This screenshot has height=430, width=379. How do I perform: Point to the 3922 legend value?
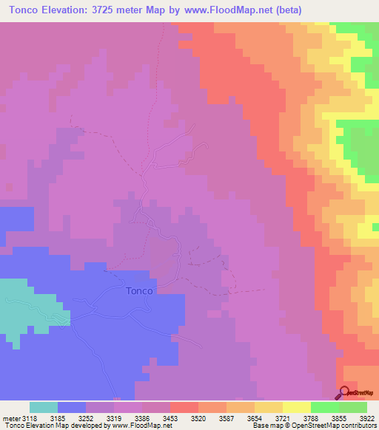pyautogui.click(x=368, y=417)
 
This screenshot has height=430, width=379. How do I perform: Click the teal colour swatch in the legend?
pyautogui.click(x=44, y=407)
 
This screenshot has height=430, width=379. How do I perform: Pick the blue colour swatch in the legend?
pyautogui.click(x=72, y=407)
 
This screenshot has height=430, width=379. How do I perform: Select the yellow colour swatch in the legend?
pyautogui.click(x=297, y=407)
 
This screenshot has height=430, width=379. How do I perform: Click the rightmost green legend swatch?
pyautogui.click(x=353, y=407)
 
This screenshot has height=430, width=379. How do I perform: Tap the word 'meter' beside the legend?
pyautogui.click(x=11, y=417)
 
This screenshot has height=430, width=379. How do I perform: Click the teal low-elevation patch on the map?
pyautogui.click(x=30, y=303)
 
